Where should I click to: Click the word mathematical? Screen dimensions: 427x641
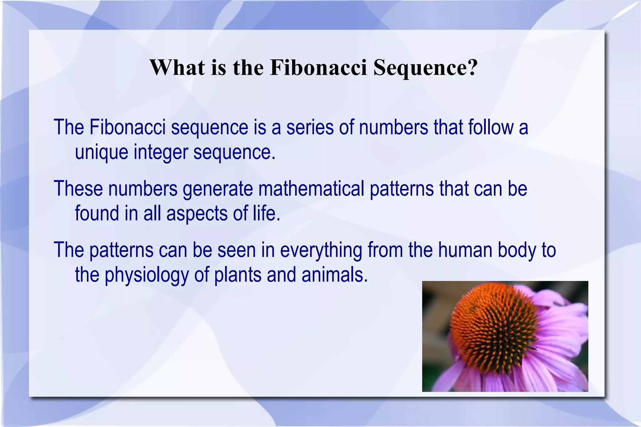coord(311,189)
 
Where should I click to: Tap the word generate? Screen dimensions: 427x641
coord(218,189)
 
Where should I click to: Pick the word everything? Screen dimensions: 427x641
coord(321,251)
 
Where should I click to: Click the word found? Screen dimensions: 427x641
coord(97,213)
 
